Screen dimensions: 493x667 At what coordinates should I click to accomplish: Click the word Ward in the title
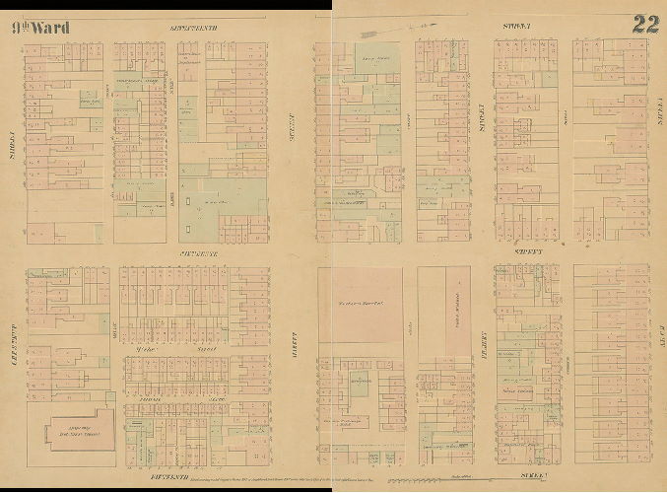click(50, 27)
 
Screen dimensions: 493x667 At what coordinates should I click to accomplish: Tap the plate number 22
click(645, 25)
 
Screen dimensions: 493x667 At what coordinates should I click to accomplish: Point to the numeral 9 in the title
click(17, 27)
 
